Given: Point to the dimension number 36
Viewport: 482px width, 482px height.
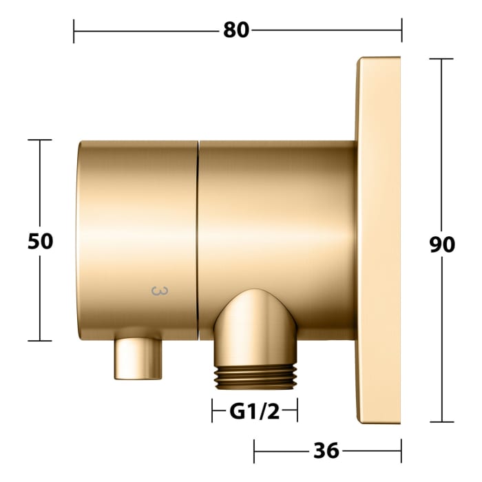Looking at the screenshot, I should (326, 450).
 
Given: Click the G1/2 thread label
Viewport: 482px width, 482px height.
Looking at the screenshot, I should (254, 412).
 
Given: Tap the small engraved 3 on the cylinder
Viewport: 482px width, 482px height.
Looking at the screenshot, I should (158, 292).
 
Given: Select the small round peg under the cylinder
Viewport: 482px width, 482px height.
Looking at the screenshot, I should (139, 357).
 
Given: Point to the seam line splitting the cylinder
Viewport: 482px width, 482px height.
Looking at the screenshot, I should (198, 241).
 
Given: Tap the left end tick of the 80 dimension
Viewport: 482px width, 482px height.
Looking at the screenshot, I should (74, 31).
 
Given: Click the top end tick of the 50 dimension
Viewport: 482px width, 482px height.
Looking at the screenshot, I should (40, 140).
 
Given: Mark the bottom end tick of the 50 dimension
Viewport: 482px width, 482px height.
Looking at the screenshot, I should (40, 340).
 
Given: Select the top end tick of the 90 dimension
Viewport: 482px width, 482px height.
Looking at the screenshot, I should (441, 59).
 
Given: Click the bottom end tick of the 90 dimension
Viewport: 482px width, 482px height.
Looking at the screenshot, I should (441, 422).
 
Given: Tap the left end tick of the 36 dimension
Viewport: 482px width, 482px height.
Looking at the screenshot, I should (254, 451).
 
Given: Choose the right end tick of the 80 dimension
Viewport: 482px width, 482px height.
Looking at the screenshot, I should (401, 31).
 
